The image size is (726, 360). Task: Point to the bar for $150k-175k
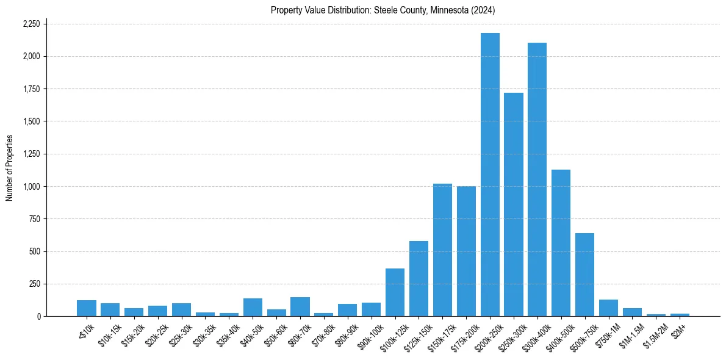pos(442,250)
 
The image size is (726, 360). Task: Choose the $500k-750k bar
pos(584,275)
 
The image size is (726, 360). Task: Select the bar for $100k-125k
pos(395,292)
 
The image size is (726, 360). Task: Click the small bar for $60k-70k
pos(300,307)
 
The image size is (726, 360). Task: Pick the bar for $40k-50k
pos(253,308)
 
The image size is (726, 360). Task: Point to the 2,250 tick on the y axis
pos(31,24)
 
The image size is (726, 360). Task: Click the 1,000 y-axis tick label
pos(31,186)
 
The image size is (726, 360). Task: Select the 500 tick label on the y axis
pos(35,251)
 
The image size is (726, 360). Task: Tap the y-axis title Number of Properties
pos(10,168)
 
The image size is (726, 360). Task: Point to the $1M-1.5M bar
pos(632,312)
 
